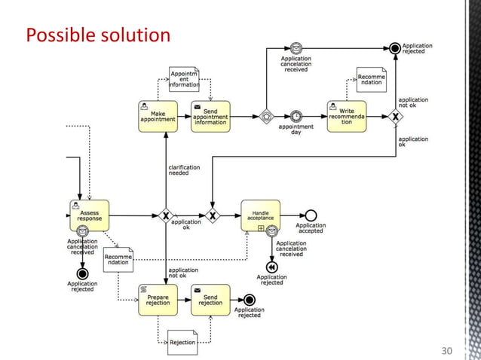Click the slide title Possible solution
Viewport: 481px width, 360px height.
(97, 35)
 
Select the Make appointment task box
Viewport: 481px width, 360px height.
(158, 116)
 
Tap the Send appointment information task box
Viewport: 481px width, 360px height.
(210, 116)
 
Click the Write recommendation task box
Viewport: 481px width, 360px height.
(347, 116)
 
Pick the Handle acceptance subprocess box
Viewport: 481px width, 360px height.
(260, 215)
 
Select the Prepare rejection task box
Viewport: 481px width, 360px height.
(158, 299)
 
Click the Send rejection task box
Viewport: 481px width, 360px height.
(210, 299)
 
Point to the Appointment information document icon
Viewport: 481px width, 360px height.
(184, 79)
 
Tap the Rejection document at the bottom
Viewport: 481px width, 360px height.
(182, 342)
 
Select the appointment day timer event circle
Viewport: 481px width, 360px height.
(296, 116)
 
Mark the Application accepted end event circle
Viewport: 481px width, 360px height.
(311, 215)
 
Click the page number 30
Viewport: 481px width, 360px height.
(447, 351)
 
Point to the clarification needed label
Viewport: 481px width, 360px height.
(183, 170)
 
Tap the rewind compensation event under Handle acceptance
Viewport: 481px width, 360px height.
(271, 267)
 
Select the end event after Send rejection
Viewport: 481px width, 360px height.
(250, 300)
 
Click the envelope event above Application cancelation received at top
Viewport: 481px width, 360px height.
(296, 48)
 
